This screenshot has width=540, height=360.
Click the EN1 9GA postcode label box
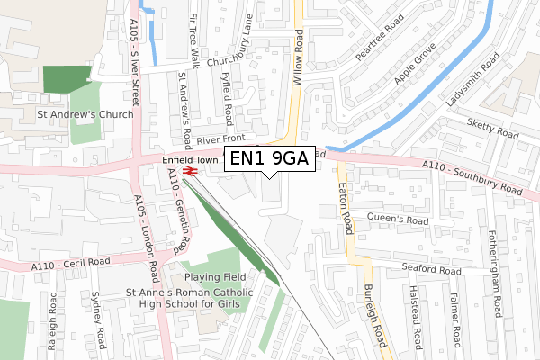(x=269, y=159)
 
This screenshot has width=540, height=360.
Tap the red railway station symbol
(x=191, y=171)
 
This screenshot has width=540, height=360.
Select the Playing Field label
(x=216, y=278)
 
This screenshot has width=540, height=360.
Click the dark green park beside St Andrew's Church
(x=68, y=79)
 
